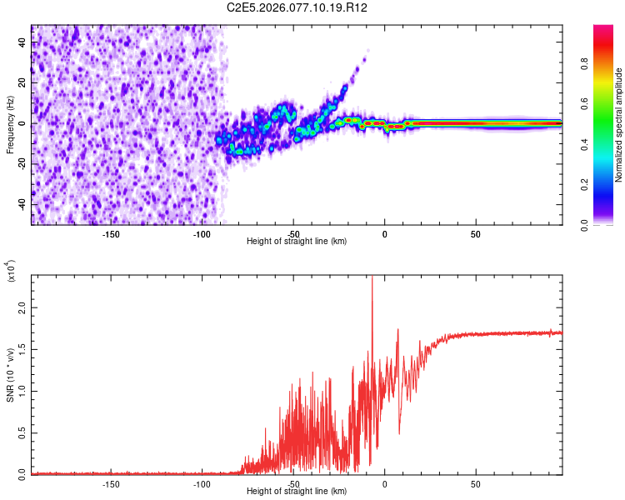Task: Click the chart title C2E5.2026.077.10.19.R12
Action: click(297, 7)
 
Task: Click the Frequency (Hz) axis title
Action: click(10, 125)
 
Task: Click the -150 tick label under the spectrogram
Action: click(111, 233)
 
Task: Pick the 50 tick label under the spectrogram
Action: click(475, 233)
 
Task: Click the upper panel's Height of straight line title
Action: click(297, 242)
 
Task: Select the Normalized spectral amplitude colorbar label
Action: click(618, 125)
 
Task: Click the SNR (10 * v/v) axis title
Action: click(11, 375)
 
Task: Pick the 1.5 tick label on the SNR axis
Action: click(22, 349)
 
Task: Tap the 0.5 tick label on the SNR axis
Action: click(22, 432)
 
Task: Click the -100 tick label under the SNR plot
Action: click(202, 483)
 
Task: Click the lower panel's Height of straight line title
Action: click(297, 492)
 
